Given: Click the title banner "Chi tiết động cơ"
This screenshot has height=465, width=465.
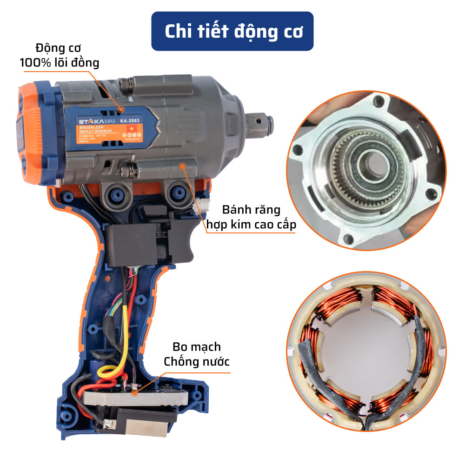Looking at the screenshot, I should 232,31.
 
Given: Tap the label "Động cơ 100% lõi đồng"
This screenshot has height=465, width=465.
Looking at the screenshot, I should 60,55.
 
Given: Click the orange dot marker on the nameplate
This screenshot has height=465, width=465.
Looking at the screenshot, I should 121,110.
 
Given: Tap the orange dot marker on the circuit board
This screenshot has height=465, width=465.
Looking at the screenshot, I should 135,393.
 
